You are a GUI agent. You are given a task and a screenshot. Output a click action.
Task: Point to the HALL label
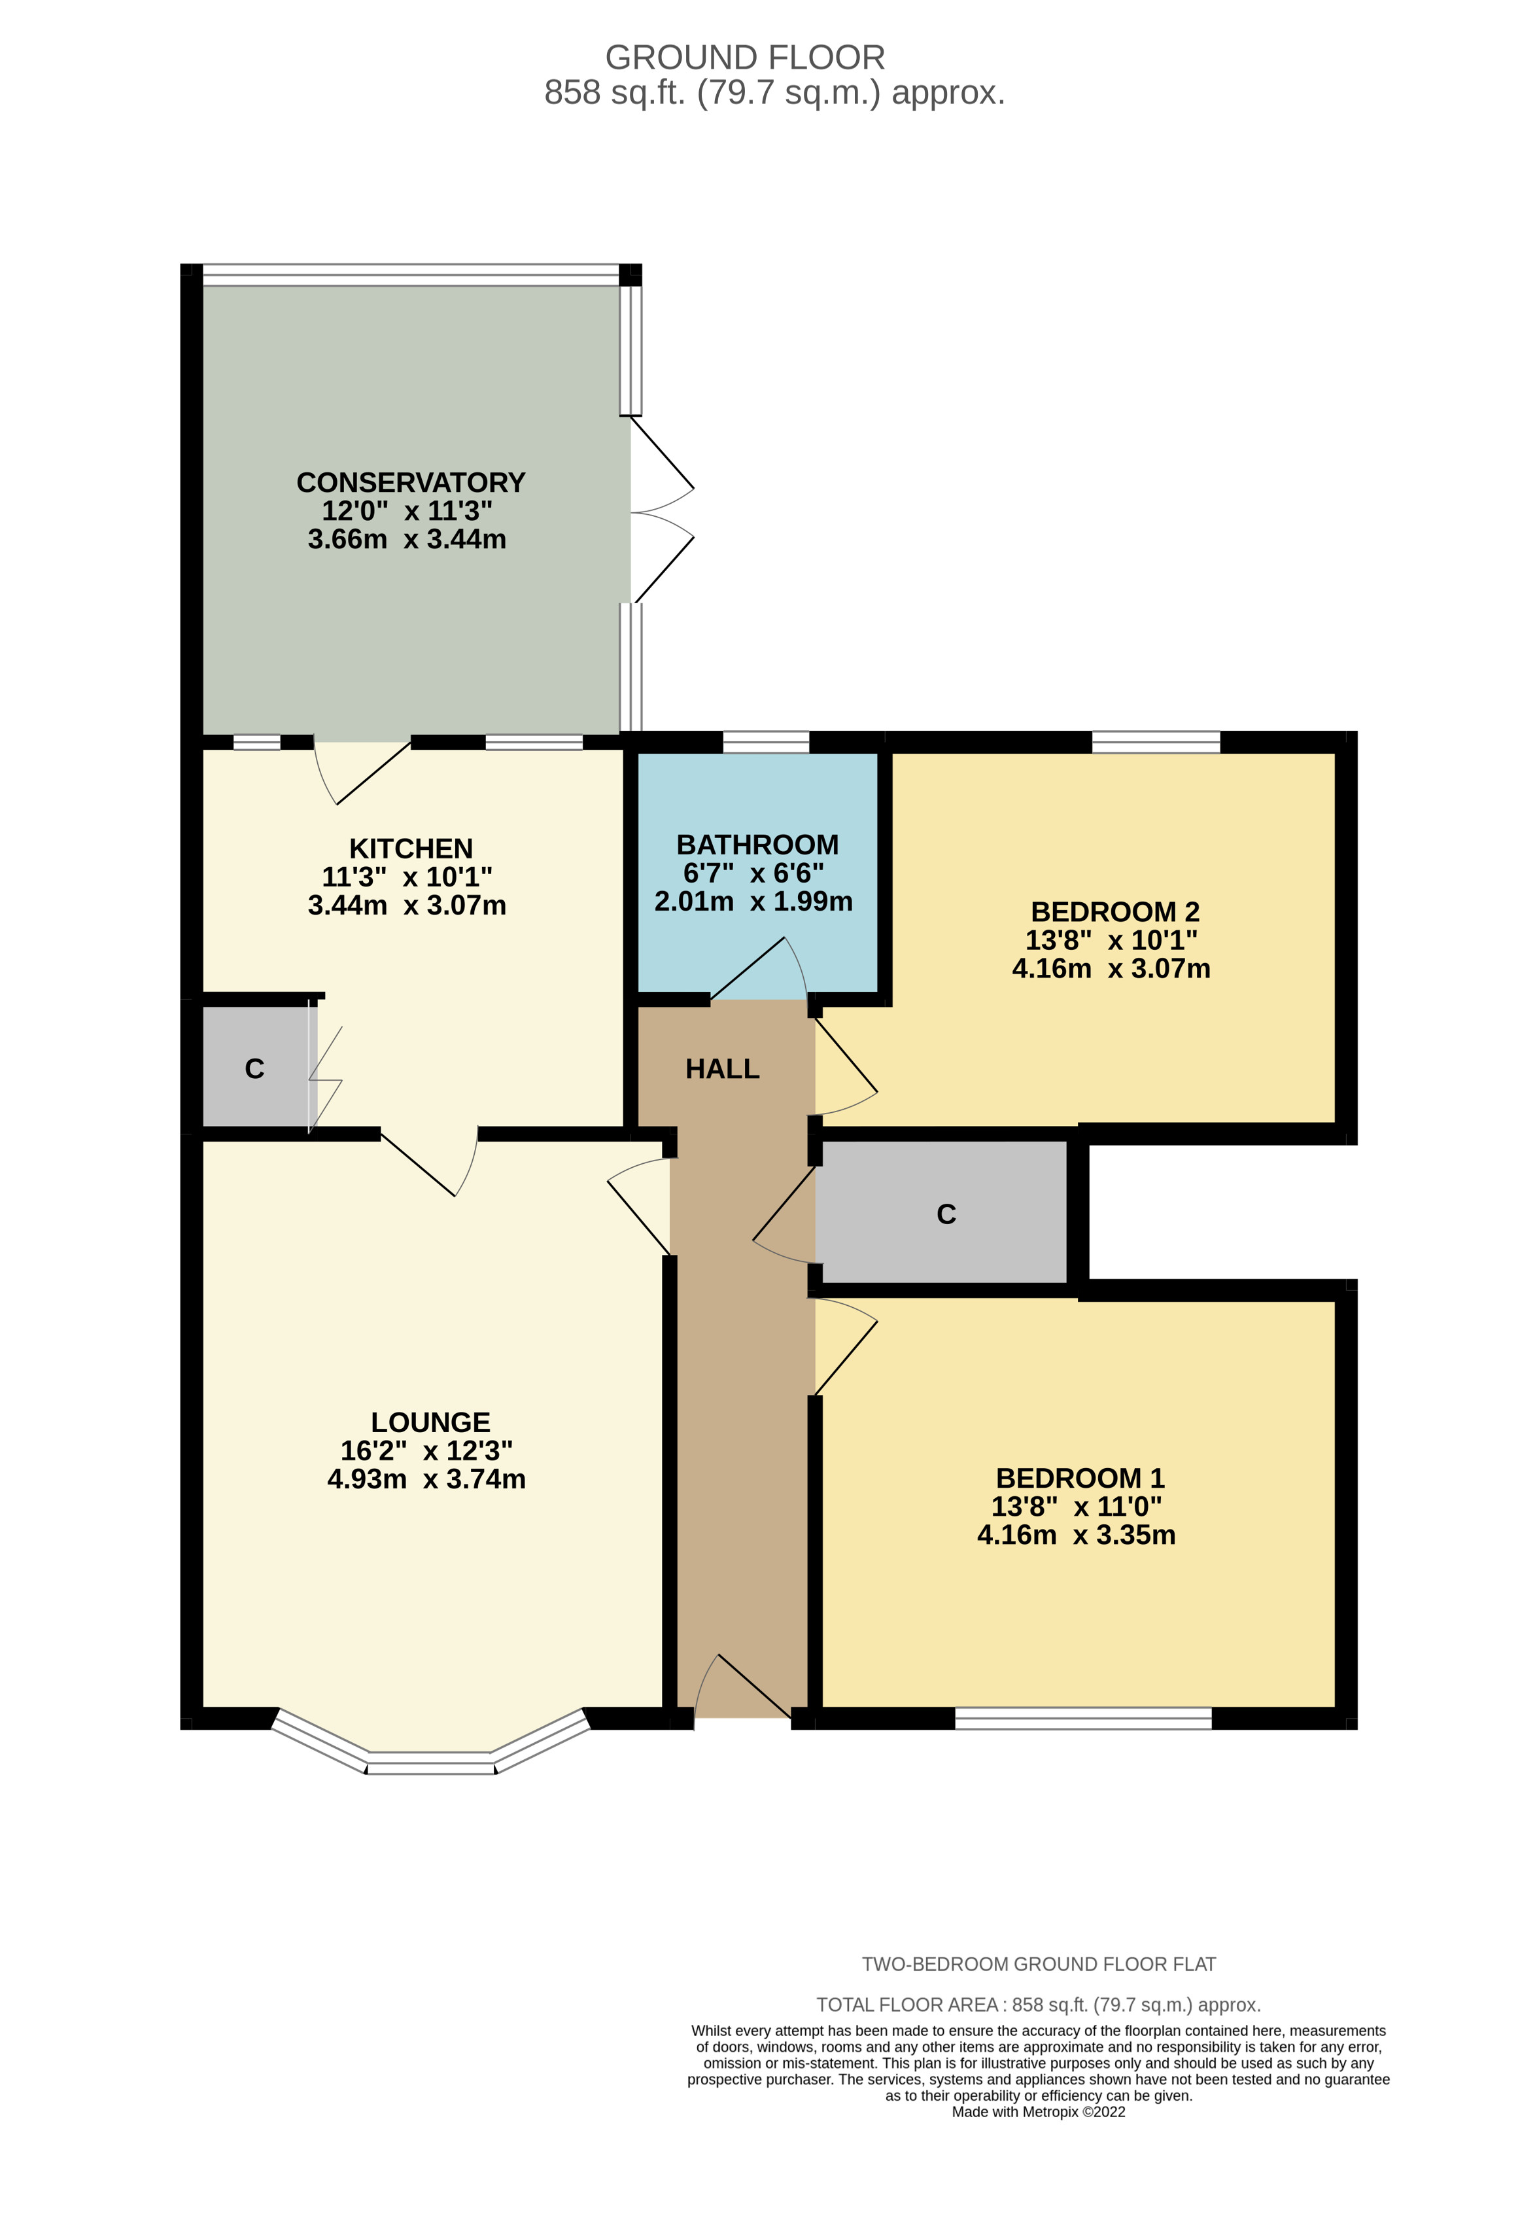pyautogui.click(x=722, y=1069)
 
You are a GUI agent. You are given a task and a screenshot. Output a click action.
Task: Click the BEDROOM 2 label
pyautogui.click(x=1114, y=911)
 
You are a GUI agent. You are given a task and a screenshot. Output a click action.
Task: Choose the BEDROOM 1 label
pyautogui.click(x=1080, y=1478)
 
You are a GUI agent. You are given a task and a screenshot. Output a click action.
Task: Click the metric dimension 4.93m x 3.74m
pyautogui.click(x=426, y=1479)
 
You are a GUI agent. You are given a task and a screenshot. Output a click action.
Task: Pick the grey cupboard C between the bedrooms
pyautogui.click(x=946, y=1214)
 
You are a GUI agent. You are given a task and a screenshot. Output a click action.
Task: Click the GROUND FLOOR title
pyautogui.click(x=744, y=58)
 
